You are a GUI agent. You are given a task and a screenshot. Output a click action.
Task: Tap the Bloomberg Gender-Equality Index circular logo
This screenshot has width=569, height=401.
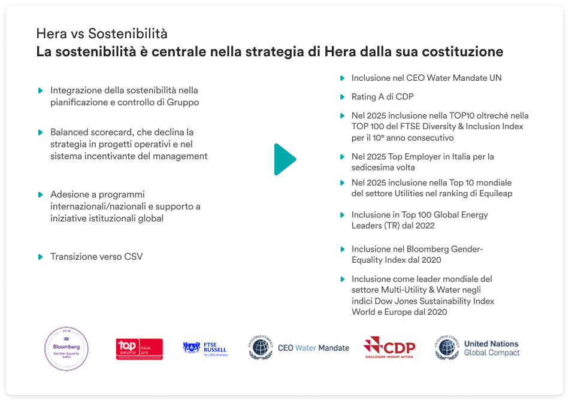67,349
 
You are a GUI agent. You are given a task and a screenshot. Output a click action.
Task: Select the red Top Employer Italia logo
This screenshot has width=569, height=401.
139,348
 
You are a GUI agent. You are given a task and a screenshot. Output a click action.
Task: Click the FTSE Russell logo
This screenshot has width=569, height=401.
205,348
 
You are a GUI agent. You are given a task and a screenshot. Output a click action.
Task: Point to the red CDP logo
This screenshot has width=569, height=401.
389,348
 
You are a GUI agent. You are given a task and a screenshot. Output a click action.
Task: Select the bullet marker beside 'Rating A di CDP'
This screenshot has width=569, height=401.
342,96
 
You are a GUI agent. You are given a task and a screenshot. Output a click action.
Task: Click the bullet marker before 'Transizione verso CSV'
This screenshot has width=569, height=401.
40,257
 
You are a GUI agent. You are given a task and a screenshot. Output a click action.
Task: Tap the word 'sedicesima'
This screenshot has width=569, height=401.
373,167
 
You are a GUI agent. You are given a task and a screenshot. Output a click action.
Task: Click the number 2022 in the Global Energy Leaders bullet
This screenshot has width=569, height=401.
423,226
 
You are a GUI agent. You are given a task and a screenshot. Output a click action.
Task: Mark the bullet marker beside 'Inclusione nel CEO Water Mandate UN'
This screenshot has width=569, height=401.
342,78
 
